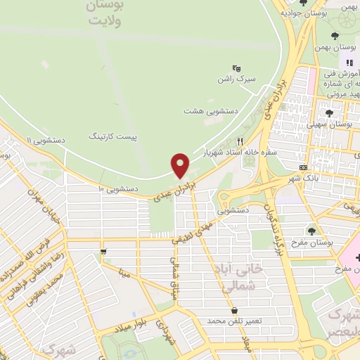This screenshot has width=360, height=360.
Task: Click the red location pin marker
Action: point(181,165)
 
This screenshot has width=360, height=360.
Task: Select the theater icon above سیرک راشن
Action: point(236,67)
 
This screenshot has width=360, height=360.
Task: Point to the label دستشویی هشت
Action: point(211,111)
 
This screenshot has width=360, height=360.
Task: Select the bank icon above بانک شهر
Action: point(303,167)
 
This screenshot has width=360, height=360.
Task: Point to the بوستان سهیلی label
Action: point(334,123)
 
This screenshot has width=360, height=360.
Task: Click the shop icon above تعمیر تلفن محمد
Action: point(233,309)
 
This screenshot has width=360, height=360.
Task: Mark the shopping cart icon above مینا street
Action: point(103,250)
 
